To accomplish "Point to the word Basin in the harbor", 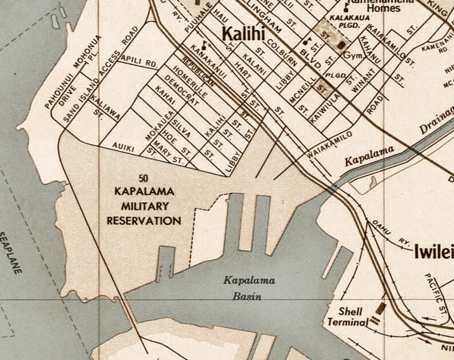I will tap(247, 296).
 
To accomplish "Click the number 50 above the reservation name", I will tap(144, 178).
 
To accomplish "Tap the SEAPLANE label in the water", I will tap(13, 252).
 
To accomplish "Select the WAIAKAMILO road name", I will tap(330, 145).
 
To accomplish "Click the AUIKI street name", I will tap(124, 148).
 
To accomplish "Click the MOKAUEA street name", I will tap(146, 125).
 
